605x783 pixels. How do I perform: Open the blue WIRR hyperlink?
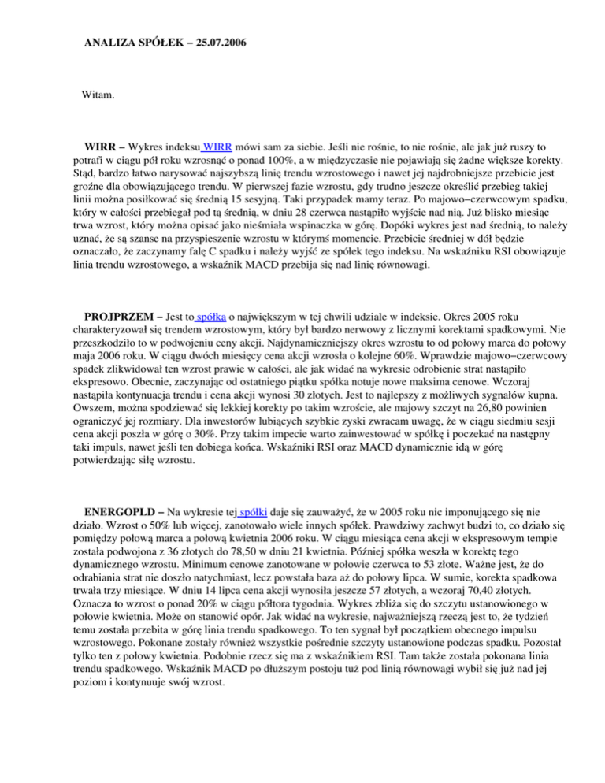pos(217,147)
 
